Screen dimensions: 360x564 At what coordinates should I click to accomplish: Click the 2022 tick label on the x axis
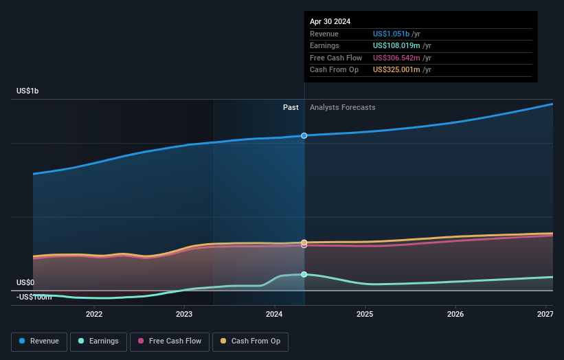click(x=94, y=314)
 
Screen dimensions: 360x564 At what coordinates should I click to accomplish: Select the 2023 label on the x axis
click(x=184, y=314)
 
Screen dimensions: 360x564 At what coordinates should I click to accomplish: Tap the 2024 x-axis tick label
click(x=274, y=314)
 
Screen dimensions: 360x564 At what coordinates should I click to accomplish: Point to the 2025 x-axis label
click(x=365, y=314)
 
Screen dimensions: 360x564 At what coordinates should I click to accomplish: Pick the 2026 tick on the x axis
click(x=455, y=314)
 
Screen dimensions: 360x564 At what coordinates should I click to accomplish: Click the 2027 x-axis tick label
click(x=545, y=314)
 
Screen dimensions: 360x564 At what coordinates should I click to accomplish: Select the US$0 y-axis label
click(x=25, y=282)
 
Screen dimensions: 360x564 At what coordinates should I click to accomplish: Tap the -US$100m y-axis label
click(x=34, y=297)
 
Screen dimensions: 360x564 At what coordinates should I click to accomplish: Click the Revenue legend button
click(x=40, y=341)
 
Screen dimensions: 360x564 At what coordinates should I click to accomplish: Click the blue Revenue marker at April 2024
click(x=304, y=135)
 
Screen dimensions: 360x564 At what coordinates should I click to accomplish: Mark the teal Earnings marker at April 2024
click(x=304, y=274)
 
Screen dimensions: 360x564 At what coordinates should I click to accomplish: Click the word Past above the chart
click(x=291, y=107)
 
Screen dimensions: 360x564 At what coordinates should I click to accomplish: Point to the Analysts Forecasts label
click(x=343, y=107)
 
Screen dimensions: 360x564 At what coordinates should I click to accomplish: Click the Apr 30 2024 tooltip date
click(x=330, y=21)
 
